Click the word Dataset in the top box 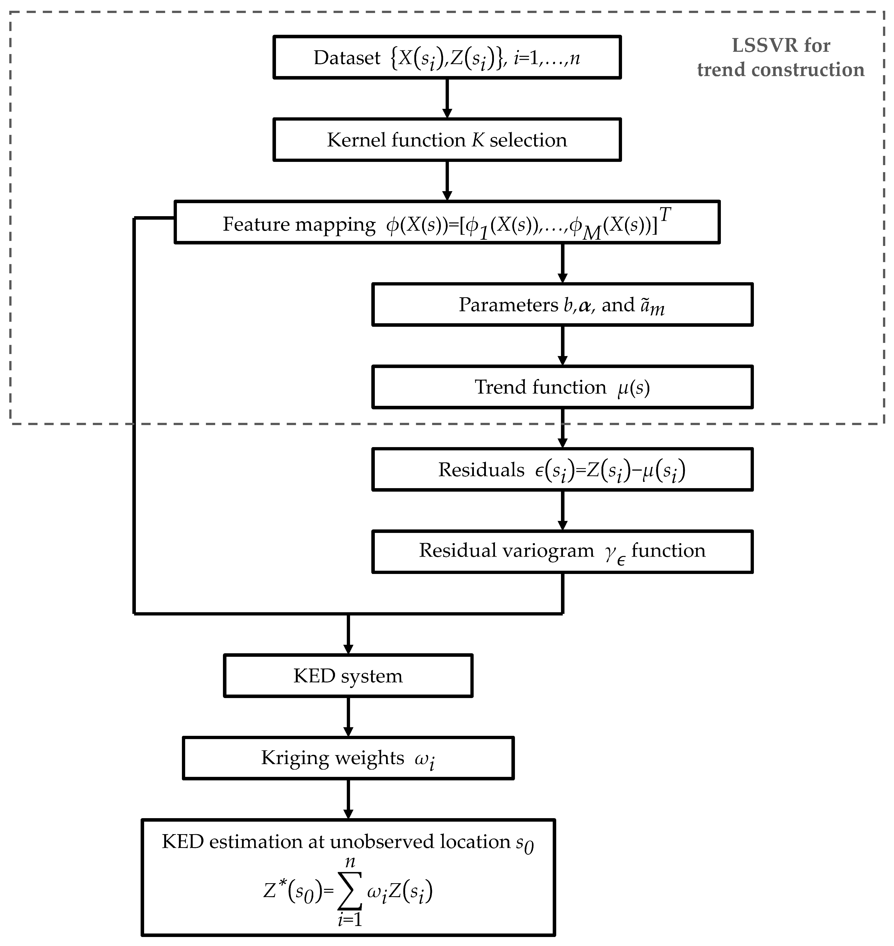click(x=347, y=58)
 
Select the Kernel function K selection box click(x=447, y=140)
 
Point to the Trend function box click(x=562, y=387)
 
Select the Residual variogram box click(x=562, y=551)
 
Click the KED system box click(x=348, y=676)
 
